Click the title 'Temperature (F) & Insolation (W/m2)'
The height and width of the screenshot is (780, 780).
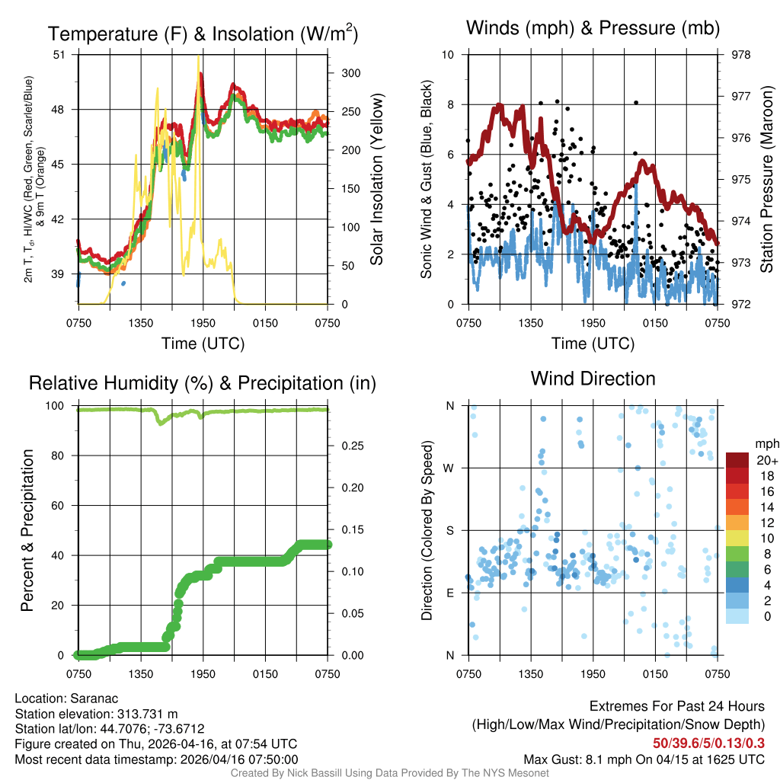[203, 34]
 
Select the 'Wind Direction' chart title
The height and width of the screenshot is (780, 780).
[593, 379]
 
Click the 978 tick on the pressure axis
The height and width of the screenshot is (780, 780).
[740, 55]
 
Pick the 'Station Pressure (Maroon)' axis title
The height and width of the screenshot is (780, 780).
[766, 180]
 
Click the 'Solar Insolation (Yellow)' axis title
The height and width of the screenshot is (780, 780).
[376, 180]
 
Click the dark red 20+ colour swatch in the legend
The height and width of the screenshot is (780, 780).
[737, 460]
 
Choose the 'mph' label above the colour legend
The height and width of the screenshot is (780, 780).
[765, 443]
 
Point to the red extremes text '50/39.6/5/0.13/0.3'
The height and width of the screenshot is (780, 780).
[708, 743]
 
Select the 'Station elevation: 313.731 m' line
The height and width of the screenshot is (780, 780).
[96, 714]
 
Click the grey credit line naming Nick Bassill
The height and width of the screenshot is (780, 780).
[389, 773]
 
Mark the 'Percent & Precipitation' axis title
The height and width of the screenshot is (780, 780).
[27, 530]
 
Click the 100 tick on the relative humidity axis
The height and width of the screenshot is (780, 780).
[58, 405]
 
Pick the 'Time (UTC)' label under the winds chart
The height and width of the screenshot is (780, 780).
[593, 344]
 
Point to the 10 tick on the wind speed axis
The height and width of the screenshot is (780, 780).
[448, 55]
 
